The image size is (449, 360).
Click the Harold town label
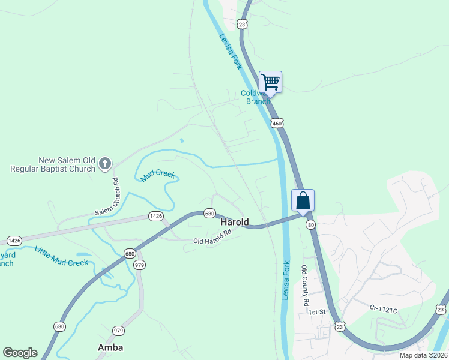pos(234,222)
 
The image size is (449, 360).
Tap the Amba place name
pos(110,347)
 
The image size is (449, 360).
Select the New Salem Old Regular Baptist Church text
pos(53,164)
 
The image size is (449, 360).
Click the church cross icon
pos(105,163)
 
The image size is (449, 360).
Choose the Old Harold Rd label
pos(212,238)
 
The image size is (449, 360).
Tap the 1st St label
pos(316,312)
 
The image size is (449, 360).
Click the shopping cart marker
pos(270,82)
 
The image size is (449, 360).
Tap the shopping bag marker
pos(303,200)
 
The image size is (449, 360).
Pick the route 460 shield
pos(276,123)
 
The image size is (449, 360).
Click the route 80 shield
pos(310,224)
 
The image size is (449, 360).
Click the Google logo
pos(20,353)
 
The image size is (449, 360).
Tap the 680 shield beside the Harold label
pos(209,213)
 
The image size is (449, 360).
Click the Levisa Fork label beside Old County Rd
pos(286,280)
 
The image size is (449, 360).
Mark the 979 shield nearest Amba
pos(118,331)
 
